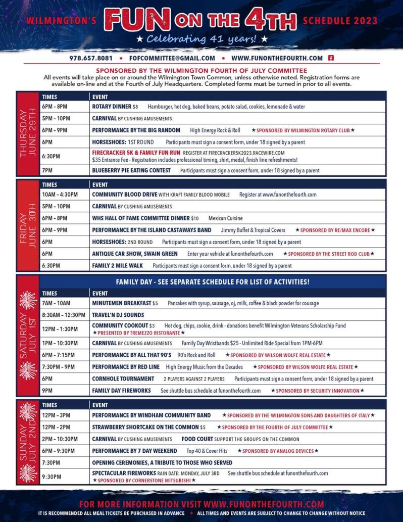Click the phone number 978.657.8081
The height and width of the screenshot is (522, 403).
(91, 58)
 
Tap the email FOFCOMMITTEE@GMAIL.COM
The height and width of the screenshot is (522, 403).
(172, 58)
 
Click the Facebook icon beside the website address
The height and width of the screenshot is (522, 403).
(331, 58)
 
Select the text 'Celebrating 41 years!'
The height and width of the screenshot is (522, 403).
(201, 39)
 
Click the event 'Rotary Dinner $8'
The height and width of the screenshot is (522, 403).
(115, 107)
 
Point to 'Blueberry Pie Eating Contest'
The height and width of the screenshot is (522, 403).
(131, 170)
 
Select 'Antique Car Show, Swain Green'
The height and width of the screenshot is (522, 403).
(135, 254)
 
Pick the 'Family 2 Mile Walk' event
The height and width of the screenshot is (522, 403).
(117, 265)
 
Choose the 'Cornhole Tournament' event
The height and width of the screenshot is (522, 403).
(123, 378)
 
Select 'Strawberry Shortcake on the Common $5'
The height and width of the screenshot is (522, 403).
(148, 427)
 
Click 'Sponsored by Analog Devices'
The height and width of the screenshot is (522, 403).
(278, 451)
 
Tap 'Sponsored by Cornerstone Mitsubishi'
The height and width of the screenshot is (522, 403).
(143, 480)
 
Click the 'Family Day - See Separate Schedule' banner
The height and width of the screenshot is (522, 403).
(213, 281)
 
